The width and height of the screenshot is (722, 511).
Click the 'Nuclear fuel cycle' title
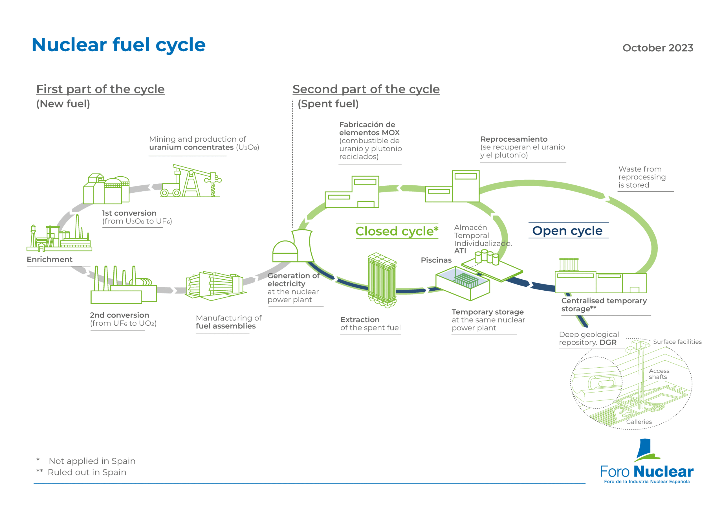coord(118,45)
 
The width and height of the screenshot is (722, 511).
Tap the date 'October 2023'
coord(658,48)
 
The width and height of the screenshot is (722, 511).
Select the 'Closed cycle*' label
coord(397,231)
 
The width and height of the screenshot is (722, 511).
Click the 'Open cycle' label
coord(567,231)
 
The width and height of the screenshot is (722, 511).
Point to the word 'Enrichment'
coord(50,260)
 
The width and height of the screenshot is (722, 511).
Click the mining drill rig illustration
coord(191,181)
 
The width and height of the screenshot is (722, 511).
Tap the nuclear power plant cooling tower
coord(303,246)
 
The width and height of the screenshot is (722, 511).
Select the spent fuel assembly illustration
coord(382,280)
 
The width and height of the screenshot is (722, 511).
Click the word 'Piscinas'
coord(436,260)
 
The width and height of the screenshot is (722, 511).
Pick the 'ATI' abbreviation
coord(460,251)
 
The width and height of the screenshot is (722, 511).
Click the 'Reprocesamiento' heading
coord(514,139)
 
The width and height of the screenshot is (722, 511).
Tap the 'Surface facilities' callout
coord(677,342)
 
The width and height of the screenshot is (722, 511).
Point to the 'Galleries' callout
coord(639,422)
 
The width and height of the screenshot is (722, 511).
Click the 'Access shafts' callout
coord(659,374)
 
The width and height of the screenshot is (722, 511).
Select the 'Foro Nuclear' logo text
coord(647,472)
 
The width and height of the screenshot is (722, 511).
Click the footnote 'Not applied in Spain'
coord(92,461)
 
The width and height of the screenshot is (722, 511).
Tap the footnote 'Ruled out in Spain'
coord(87,473)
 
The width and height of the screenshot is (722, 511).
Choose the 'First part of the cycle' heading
coord(100,89)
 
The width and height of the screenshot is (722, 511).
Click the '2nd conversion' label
coord(120,315)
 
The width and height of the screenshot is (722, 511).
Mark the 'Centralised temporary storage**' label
coord(604,305)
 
